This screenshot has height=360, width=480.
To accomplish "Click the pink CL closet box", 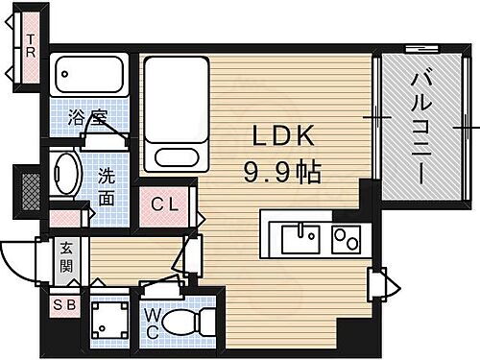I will click(x=164, y=204).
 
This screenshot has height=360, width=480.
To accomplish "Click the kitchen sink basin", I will click(x=301, y=235).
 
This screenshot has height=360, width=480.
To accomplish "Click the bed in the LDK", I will click(x=175, y=110).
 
